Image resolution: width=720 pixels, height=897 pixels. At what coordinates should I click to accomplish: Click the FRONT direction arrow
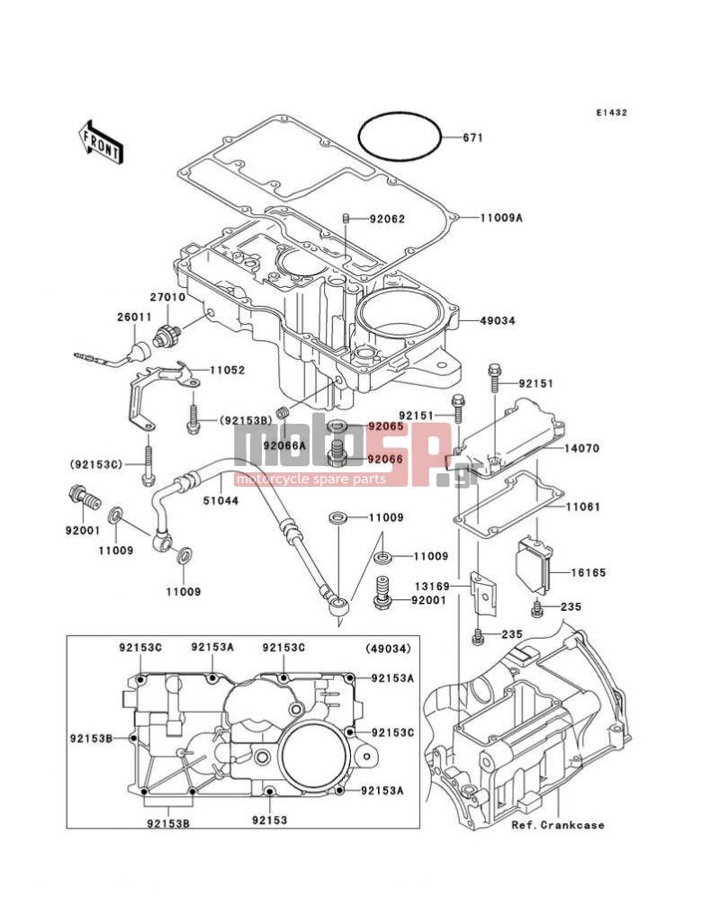[101, 144]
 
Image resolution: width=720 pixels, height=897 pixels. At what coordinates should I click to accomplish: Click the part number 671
[472, 138]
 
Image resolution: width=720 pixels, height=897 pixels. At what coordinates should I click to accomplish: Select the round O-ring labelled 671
[400, 138]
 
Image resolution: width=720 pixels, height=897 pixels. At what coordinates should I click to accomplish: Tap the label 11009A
[500, 218]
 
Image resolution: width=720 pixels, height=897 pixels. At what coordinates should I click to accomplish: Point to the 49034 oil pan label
[498, 321]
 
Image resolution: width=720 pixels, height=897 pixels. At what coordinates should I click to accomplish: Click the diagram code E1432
[611, 112]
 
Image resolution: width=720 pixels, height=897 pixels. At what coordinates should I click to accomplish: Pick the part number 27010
[167, 298]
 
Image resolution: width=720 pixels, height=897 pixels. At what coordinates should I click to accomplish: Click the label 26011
[134, 317]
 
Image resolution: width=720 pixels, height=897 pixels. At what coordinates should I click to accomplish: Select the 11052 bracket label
[227, 371]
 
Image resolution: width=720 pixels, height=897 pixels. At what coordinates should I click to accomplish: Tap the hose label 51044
[220, 501]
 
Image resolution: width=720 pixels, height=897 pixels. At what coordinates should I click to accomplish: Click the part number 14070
[581, 448]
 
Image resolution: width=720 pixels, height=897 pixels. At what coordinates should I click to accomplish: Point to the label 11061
[582, 507]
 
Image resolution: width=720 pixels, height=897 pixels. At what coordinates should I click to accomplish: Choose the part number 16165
[588, 572]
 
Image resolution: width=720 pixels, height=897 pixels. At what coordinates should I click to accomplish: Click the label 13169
[432, 587]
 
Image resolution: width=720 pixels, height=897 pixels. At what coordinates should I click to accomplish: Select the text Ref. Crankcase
[557, 825]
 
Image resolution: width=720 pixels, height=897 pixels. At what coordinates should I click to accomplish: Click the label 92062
[387, 220]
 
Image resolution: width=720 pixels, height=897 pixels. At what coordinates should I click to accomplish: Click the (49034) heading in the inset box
[388, 649]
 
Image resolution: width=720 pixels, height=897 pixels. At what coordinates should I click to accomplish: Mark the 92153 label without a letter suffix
[269, 821]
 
